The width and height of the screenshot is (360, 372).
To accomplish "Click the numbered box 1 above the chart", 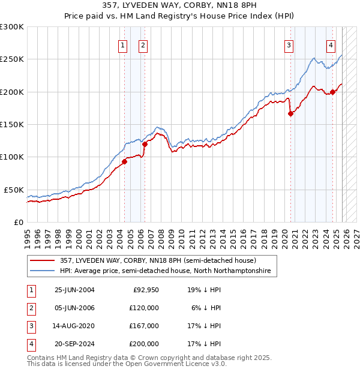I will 122,44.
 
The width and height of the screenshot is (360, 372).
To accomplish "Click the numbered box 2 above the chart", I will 143,44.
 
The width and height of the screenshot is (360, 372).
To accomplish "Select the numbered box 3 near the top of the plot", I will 289,44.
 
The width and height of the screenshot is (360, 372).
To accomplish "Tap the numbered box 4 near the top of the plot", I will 331,44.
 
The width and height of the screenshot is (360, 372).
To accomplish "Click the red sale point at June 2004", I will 124,161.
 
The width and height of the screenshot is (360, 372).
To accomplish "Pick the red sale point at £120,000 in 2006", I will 144,144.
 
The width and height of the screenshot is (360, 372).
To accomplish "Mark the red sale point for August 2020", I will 290,113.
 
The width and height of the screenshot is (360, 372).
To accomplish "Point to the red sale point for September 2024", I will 332,92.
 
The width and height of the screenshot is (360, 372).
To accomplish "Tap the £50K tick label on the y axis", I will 14,190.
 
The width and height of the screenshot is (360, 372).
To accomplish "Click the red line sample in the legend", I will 43,261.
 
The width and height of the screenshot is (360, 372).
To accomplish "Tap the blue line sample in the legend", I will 43,271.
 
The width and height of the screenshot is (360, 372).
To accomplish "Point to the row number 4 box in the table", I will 29,344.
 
